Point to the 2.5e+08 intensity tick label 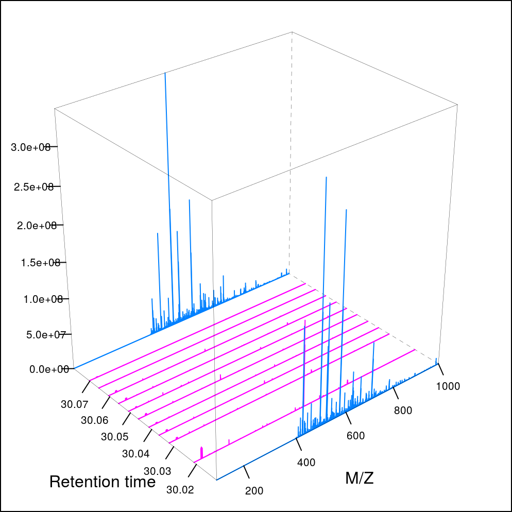pyautogui.click(x=35, y=186)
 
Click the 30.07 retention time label pyautogui.click(x=74, y=404)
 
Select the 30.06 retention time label pyautogui.click(x=94, y=420)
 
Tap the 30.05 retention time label pyautogui.click(x=114, y=437)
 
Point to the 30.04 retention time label pyautogui.click(x=135, y=454)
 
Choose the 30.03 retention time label pyautogui.click(x=157, y=471)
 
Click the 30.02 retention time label pyautogui.click(x=180, y=489)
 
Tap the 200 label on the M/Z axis pyautogui.click(x=254, y=490)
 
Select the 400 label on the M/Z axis pyautogui.click(x=306, y=463)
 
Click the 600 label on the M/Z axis pyautogui.click(x=355, y=436)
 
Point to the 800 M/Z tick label pyautogui.click(x=403, y=411)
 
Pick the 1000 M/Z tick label pyautogui.click(x=448, y=387)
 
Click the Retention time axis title pyautogui.click(x=103, y=482)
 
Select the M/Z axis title pyautogui.click(x=360, y=479)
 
